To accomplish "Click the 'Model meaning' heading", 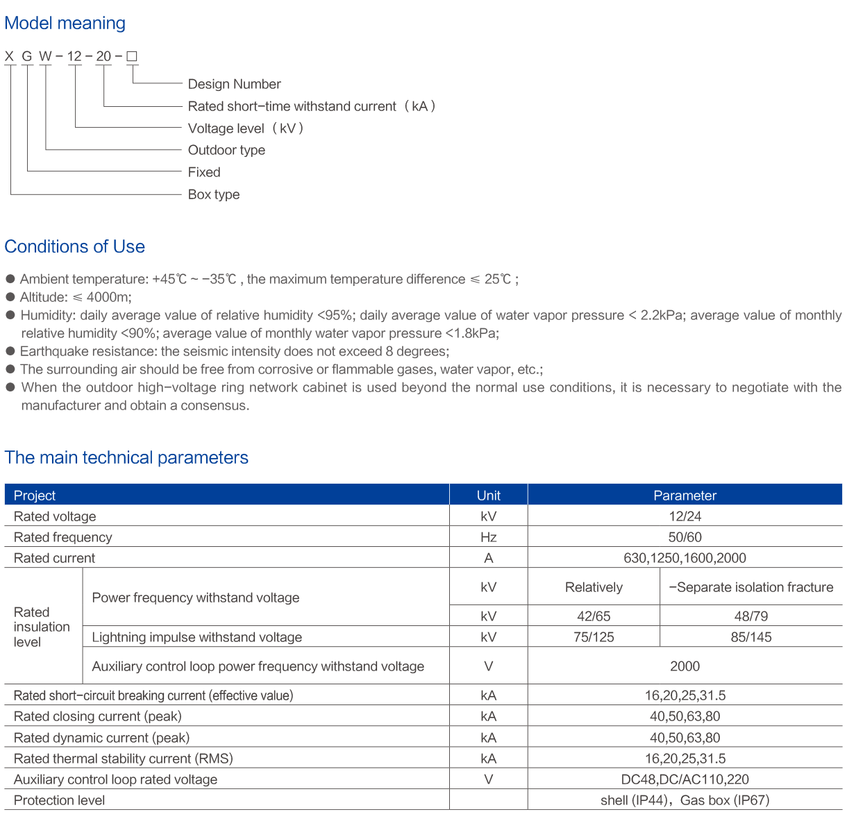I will (x=65, y=24).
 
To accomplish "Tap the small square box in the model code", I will (x=132, y=56).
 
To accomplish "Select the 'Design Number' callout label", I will (x=234, y=84).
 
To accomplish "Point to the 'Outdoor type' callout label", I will (x=226, y=150).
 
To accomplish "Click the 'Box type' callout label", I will (x=214, y=194).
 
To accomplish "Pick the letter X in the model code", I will (x=10, y=56).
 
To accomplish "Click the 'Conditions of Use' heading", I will (x=74, y=246).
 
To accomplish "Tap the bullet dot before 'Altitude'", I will (x=10, y=297).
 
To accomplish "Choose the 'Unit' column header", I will (x=488, y=496).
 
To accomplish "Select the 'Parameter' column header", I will (x=685, y=496).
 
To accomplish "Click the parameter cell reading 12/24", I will (x=685, y=516).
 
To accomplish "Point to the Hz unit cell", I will (x=488, y=537).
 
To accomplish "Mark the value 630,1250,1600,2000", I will (x=685, y=558).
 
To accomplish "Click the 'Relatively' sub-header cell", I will (x=594, y=587).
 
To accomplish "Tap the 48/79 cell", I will (x=750, y=616).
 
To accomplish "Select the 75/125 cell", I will (x=594, y=637).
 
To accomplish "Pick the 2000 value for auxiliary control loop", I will (x=685, y=666).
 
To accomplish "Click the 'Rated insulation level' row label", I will (x=42, y=627).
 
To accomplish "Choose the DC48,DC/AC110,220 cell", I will (x=685, y=779).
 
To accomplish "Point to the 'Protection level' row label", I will (x=60, y=800).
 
